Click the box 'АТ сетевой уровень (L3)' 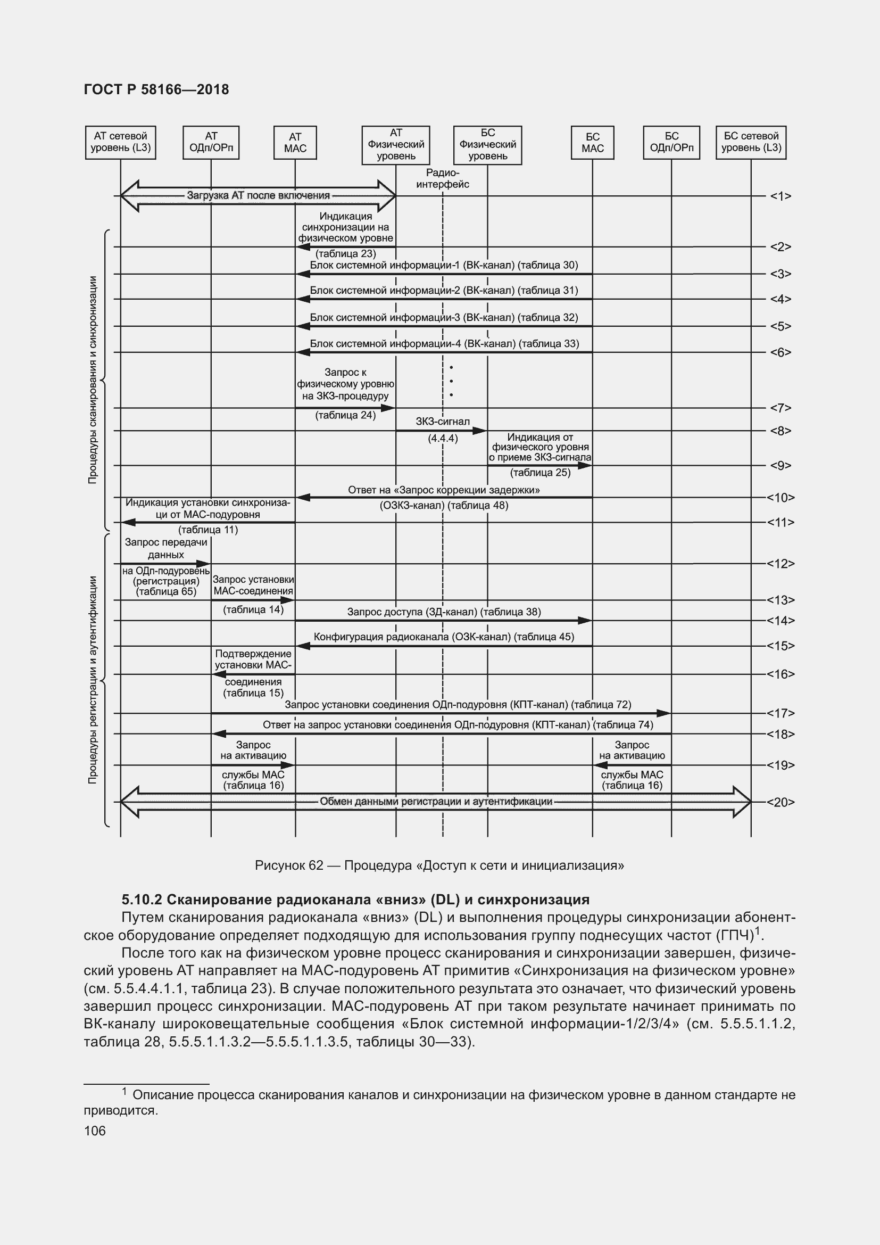tap(120, 143)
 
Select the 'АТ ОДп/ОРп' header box tap(211, 143)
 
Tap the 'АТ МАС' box tap(295, 143)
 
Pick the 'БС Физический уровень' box tap(487, 145)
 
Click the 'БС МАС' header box tap(592, 143)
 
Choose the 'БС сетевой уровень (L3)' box tap(751, 143)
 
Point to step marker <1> tap(781, 196)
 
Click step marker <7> tap(781, 408)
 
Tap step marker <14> tap(781, 620)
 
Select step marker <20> tap(781, 802)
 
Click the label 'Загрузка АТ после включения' tap(258, 196)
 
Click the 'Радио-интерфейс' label tap(443, 178)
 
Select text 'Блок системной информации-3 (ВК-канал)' tap(412, 318)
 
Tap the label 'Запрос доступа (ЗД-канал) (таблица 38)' tap(444, 612)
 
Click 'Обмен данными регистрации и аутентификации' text tap(436, 802)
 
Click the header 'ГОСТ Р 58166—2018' tap(156, 90)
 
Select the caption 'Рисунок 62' tap(289, 865)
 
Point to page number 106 tap(95, 1131)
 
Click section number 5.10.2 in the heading tap(142, 900)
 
